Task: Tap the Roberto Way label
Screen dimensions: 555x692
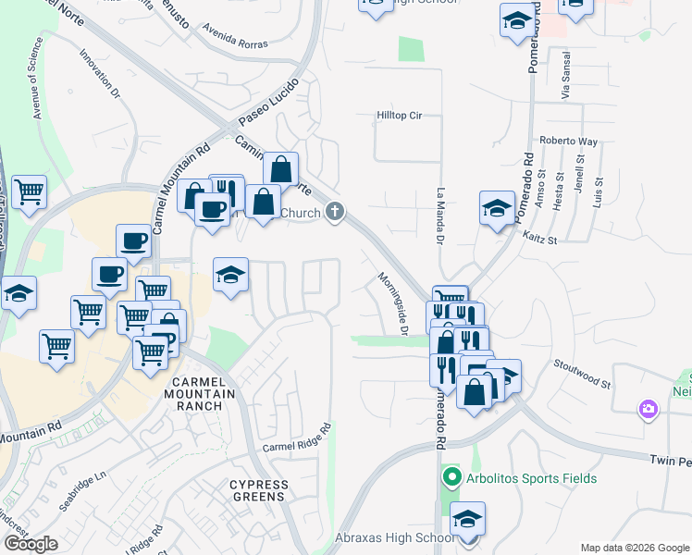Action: point(569,142)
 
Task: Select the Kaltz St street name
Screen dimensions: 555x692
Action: point(538,240)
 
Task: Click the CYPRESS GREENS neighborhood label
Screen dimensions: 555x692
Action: point(258,490)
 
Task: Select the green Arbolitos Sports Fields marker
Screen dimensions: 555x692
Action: point(451,478)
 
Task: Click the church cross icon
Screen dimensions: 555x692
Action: point(334,214)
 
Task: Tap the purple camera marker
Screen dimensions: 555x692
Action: point(649,408)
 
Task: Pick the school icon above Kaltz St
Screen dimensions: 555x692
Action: point(497,208)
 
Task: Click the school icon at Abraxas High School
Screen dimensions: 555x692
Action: point(467,519)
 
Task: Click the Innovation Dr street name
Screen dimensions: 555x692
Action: point(101,74)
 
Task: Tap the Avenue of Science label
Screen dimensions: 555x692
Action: point(38,79)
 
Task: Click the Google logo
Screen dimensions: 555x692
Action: point(31,544)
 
